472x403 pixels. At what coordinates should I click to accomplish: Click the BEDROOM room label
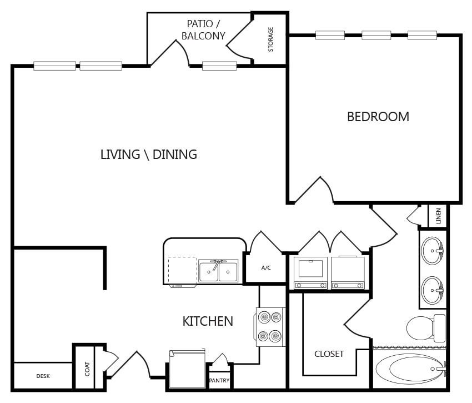pyautogui.click(x=378, y=117)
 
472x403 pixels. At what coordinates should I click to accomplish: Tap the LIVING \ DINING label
pyautogui.click(x=149, y=155)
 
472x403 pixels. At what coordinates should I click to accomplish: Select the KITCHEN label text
pyautogui.click(x=208, y=321)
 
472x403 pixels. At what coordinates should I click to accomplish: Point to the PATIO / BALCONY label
pyautogui.click(x=203, y=30)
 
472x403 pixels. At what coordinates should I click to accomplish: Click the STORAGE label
pyautogui.click(x=270, y=39)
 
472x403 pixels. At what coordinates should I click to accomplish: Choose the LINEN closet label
pyautogui.click(x=438, y=216)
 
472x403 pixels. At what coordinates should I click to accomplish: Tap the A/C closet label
pyautogui.click(x=266, y=268)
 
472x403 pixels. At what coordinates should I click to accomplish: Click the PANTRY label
pyautogui.click(x=219, y=380)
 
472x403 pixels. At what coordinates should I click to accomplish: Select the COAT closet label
pyautogui.click(x=87, y=369)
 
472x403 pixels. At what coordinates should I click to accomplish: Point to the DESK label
pyautogui.click(x=43, y=376)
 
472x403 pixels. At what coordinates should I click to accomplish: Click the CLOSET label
pyautogui.click(x=329, y=354)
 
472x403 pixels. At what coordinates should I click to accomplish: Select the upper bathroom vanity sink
pyautogui.click(x=433, y=251)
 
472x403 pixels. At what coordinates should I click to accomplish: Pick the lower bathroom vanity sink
pyautogui.click(x=433, y=290)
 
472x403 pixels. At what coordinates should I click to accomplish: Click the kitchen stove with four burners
pyautogui.click(x=270, y=327)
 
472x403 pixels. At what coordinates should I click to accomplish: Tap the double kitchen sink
pyautogui.click(x=218, y=271)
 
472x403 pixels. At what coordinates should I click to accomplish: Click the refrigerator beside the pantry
pyautogui.click(x=187, y=369)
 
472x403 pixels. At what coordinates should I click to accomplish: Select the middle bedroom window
pyautogui.click(x=376, y=35)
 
